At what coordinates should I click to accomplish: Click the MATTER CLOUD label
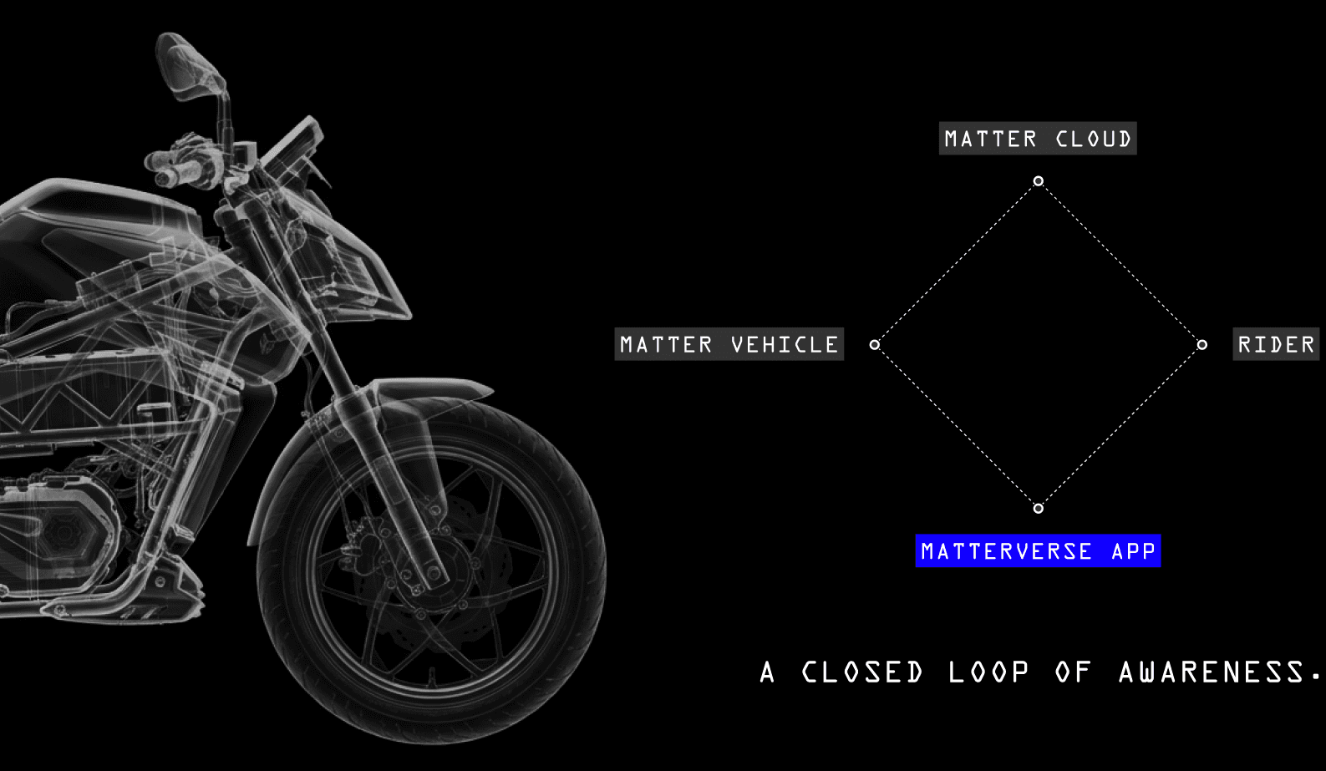1038,139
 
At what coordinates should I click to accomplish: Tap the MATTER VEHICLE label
729,344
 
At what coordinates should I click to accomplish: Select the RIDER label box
1276,344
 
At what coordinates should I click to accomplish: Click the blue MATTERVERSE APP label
1038,551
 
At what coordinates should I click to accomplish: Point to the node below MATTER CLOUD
1038,180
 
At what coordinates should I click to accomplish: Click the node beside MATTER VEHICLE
874,344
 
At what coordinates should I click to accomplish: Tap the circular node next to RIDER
1202,344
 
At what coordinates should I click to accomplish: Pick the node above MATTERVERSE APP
1038,508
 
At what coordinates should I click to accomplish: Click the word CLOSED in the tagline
862,672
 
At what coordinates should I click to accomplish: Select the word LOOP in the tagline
988,672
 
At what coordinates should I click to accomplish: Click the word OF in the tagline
1074,672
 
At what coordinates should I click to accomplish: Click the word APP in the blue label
1133,551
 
